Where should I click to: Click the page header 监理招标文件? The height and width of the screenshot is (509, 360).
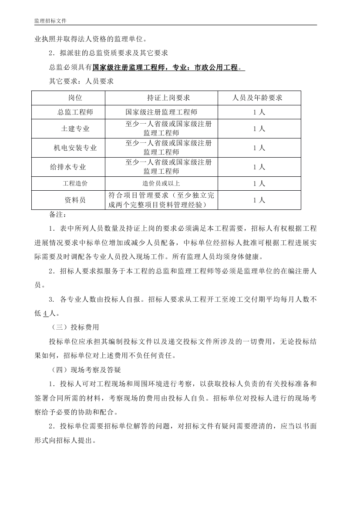(x=50, y=21)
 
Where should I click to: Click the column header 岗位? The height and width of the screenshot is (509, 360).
(x=75, y=98)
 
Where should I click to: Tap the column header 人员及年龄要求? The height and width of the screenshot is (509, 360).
(x=259, y=98)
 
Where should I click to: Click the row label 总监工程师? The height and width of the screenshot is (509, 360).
(x=75, y=112)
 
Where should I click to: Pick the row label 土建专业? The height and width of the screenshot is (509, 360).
(x=75, y=129)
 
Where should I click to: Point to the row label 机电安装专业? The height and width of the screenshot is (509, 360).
(x=75, y=148)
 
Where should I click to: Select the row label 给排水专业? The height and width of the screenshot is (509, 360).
(x=68, y=167)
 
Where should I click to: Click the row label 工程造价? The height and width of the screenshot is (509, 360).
(x=75, y=183)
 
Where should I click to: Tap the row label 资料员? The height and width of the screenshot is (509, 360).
(x=75, y=200)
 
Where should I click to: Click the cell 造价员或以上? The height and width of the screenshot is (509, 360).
(x=161, y=183)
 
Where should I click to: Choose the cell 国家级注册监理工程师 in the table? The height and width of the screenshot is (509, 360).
(x=161, y=112)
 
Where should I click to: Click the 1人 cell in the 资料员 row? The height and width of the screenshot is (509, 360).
(x=259, y=200)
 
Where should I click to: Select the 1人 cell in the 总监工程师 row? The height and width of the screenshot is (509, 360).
(x=259, y=112)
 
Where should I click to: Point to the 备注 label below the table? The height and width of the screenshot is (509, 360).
(x=58, y=215)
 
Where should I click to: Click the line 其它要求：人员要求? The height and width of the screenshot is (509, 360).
(x=81, y=81)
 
